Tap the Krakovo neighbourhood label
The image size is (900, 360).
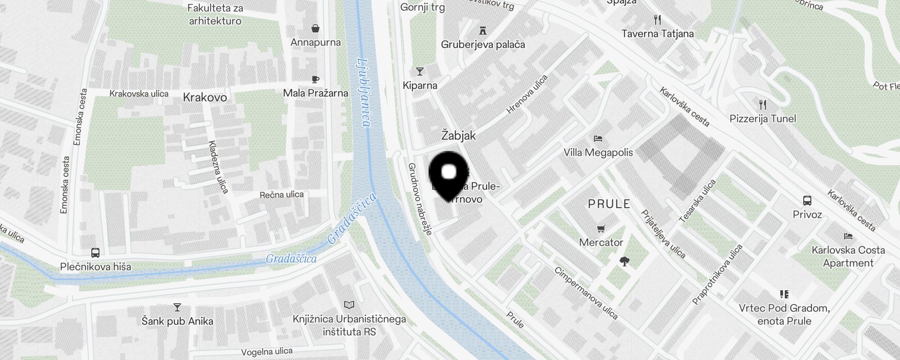205,97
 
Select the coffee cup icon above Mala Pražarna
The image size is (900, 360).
315,80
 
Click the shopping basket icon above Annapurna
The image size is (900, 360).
315,28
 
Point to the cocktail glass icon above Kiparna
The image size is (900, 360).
420,72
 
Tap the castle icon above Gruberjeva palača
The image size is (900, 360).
483,31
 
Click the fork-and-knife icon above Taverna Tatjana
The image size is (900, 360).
657,20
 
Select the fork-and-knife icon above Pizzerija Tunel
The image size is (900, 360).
762,105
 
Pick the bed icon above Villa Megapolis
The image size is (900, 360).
598,138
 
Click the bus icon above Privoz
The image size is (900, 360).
807,201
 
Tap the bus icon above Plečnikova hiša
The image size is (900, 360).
95,253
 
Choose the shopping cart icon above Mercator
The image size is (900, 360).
601,229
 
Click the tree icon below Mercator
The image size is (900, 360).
624,261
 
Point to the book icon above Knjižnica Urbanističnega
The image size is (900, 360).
349,305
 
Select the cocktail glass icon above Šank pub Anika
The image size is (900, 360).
177,307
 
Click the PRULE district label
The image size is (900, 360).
609,204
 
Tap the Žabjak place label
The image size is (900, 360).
458,135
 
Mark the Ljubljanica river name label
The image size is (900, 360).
364,93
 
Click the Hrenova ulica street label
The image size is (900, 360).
527,94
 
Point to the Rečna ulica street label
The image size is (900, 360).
281,194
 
